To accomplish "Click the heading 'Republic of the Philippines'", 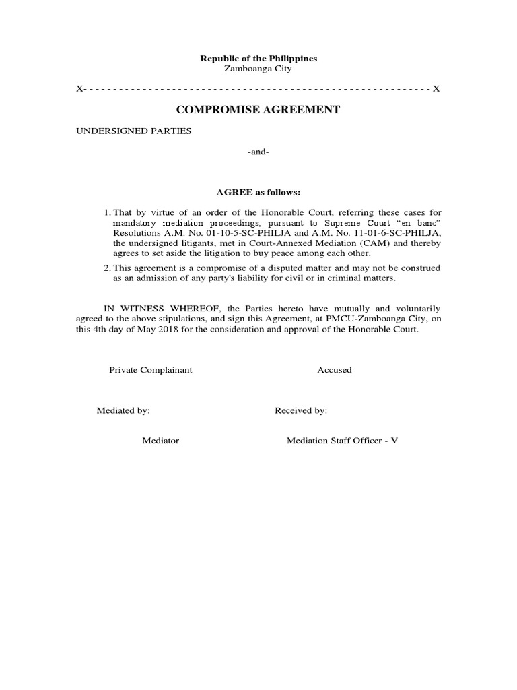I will point(258,59).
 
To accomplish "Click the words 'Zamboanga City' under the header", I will point(258,69).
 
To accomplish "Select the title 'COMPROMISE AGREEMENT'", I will point(258,109).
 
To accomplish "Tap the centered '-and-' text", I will point(258,152).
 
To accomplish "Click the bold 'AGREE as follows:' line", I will point(258,192).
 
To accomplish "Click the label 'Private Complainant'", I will point(151,370).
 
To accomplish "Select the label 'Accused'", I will point(335,370).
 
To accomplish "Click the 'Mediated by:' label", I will point(123,410).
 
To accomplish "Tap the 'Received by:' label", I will point(301,410).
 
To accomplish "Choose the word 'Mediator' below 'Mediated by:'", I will point(160,441).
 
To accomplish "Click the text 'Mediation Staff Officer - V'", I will point(343,441).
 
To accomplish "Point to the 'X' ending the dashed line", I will point(436,89).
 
